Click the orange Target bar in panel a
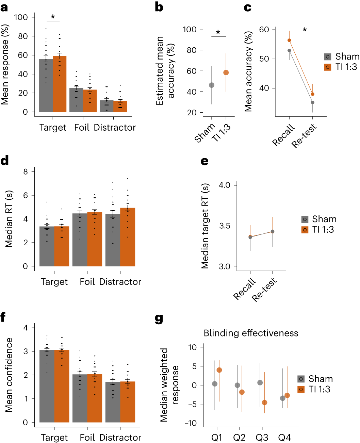pos(60,85)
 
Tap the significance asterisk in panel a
pos(53,17)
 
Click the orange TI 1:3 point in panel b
pos(226,72)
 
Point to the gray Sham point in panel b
pos(212,85)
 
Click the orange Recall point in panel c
pos(289,40)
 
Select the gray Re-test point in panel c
pos(312,102)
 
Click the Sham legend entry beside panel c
pos(341,56)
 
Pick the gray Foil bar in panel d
pos(80,240)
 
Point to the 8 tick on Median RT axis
pos(26,172)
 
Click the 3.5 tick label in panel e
pos(224,226)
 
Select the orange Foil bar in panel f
pos(95,398)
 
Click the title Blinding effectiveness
pos(251,333)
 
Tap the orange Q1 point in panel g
pos(219,370)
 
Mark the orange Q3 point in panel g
pos(264,403)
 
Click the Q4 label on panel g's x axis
pos(284,438)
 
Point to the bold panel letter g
pos(159,319)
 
